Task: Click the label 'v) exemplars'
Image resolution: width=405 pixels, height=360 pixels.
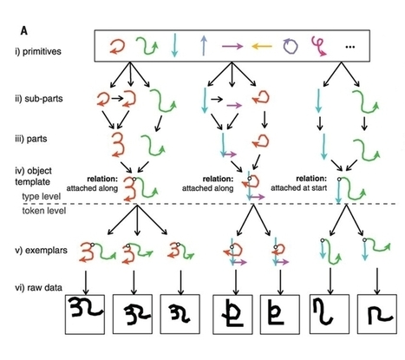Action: click(x=42, y=251)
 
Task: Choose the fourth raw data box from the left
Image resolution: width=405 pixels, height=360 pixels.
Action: click(x=236, y=317)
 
